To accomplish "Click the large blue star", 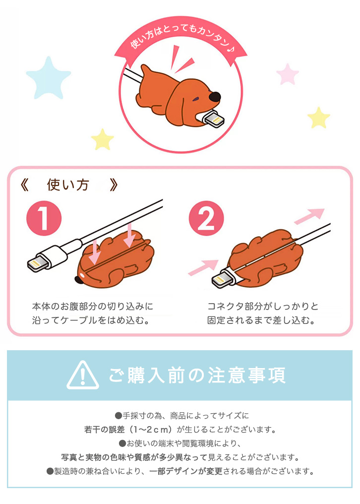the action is click(48, 79).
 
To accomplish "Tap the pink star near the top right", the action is click(288, 74).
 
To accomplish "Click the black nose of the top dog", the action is click(214, 96).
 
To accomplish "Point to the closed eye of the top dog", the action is click(195, 100).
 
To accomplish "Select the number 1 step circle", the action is click(44, 219).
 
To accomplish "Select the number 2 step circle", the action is click(206, 219).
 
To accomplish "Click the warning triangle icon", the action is click(83, 375).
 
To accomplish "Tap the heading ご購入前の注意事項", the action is click(197, 375).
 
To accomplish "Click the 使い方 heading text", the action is click(68, 185).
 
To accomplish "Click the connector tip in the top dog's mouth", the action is click(214, 121).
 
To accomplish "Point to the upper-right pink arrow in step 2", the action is click(309, 216).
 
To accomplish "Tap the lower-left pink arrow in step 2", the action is click(203, 267).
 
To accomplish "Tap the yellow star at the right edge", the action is click(318, 118).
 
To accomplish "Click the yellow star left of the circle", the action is click(103, 139).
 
